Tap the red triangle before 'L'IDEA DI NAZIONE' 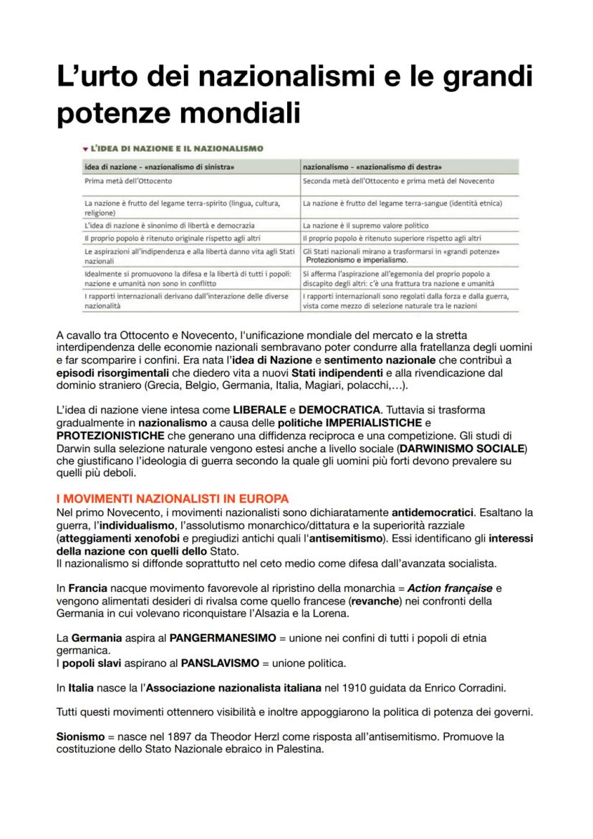click(x=85, y=148)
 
